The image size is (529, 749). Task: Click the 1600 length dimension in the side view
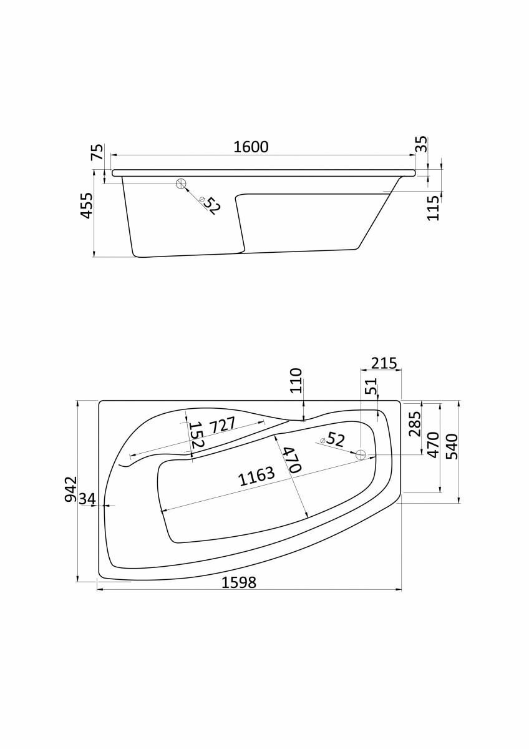pos(251,147)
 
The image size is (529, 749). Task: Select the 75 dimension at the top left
pos(96,153)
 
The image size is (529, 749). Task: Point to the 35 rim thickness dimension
pos(422,145)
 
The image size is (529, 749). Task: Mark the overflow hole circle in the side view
pos(182,184)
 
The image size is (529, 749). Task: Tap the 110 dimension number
pos(296,381)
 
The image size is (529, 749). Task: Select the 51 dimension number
pos(372,388)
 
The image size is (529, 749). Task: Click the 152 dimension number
pos(196,435)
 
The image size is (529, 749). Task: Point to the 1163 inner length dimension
pos(256,476)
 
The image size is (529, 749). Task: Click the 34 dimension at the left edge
pos(87,499)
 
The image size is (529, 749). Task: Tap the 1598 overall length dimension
pos(240,582)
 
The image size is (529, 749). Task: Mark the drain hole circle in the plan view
pos(360,455)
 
